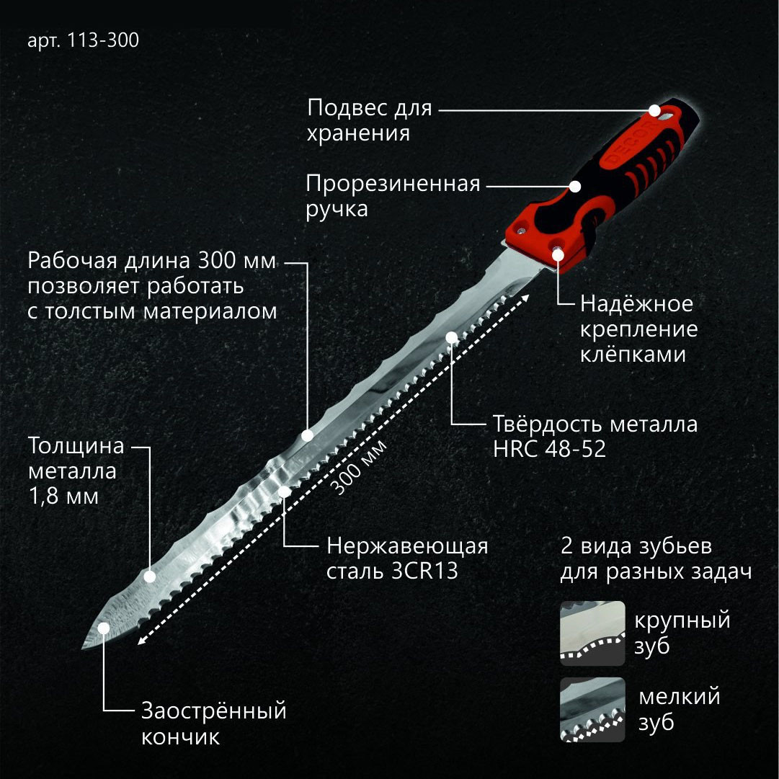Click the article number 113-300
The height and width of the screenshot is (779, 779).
pyautogui.click(x=103, y=40)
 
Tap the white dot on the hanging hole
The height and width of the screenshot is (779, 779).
pyautogui.click(x=654, y=110)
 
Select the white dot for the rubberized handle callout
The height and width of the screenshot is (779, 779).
pyautogui.click(x=575, y=187)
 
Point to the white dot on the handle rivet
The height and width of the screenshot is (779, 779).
pyautogui.click(x=558, y=255)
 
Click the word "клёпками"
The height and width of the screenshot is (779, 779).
pyautogui.click(x=633, y=355)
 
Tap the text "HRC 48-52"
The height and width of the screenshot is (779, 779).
pyautogui.click(x=549, y=449)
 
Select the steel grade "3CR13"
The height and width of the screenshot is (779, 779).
pyautogui.click(x=424, y=571)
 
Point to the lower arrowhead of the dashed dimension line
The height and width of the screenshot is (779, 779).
pyautogui.click(x=141, y=641)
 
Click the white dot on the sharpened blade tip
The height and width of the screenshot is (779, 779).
pyautogui.click(x=103, y=628)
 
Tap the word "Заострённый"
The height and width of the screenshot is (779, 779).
pyautogui.click(x=214, y=711)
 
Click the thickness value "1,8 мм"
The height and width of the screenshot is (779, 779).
pyautogui.click(x=64, y=497)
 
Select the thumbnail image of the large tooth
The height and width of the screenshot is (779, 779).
pyautogui.click(x=592, y=633)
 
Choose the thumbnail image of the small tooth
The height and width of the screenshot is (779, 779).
pyautogui.click(x=592, y=709)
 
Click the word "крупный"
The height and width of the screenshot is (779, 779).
pyautogui.click(x=682, y=621)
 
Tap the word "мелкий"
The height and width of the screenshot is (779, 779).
pyautogui.click(x=679, y=697)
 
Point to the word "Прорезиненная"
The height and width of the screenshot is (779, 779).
pyautogui.click(x=393, y=184)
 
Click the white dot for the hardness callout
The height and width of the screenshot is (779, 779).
pyautogui.click(x=452, y=337)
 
